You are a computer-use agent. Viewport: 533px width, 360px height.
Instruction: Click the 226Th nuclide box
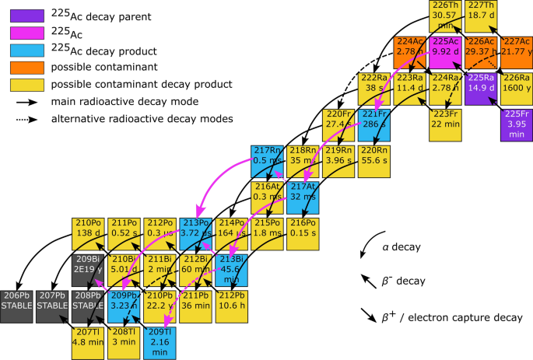coord(446,16)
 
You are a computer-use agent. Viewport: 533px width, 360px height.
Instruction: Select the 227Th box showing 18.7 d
coord(481,16)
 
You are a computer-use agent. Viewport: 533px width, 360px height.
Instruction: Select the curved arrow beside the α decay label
coord(366,250)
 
